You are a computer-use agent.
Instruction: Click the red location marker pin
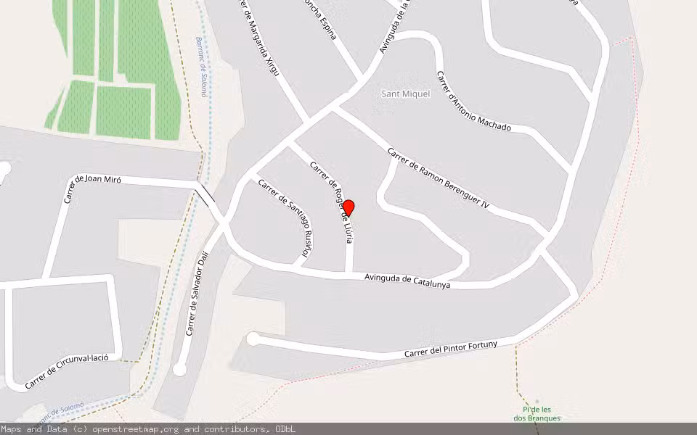click(x=348, y=208)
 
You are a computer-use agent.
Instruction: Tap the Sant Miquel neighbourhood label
click(x=406, y=94)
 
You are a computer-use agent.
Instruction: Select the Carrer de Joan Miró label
click(x=92, y=187)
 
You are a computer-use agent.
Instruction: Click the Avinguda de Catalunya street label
click(x=407, y=281)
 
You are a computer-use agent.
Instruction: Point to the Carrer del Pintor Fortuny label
click(x=450, y=349)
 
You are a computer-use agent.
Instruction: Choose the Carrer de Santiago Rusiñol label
click(x=285, y=217)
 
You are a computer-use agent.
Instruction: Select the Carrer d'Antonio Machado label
click(x=473, y=101)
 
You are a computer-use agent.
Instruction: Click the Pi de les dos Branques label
click(x=537, y=414)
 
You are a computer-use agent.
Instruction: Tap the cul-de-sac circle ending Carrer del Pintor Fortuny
click(x=253, y=339)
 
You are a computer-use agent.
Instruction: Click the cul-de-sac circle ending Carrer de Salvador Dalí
click(x=179, y=370)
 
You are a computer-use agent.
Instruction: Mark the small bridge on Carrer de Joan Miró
click(x=206, y=195)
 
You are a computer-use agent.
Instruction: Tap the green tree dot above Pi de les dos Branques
click(x=537, y=401)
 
